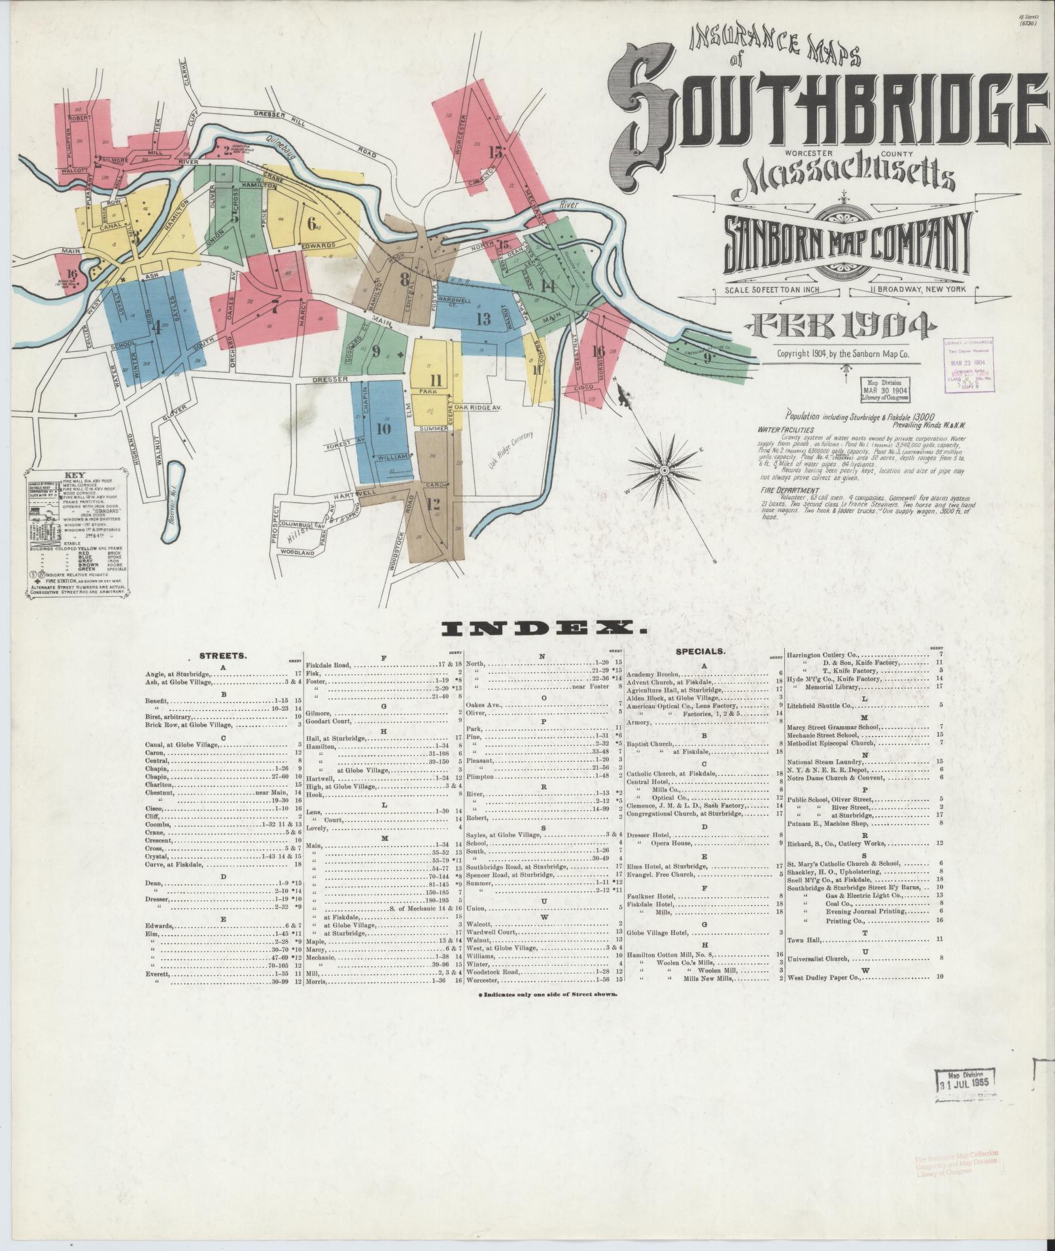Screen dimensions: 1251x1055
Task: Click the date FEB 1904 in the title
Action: click(843, 325)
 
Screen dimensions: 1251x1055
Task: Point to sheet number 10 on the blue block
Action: click(383, 429)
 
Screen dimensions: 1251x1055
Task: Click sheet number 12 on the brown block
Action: click(432, 504)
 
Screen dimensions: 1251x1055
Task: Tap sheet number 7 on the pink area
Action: click(275, 309)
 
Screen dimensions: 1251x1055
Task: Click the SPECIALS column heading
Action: click(703, 651)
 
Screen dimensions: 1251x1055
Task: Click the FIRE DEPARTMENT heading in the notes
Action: click(789, 490)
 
